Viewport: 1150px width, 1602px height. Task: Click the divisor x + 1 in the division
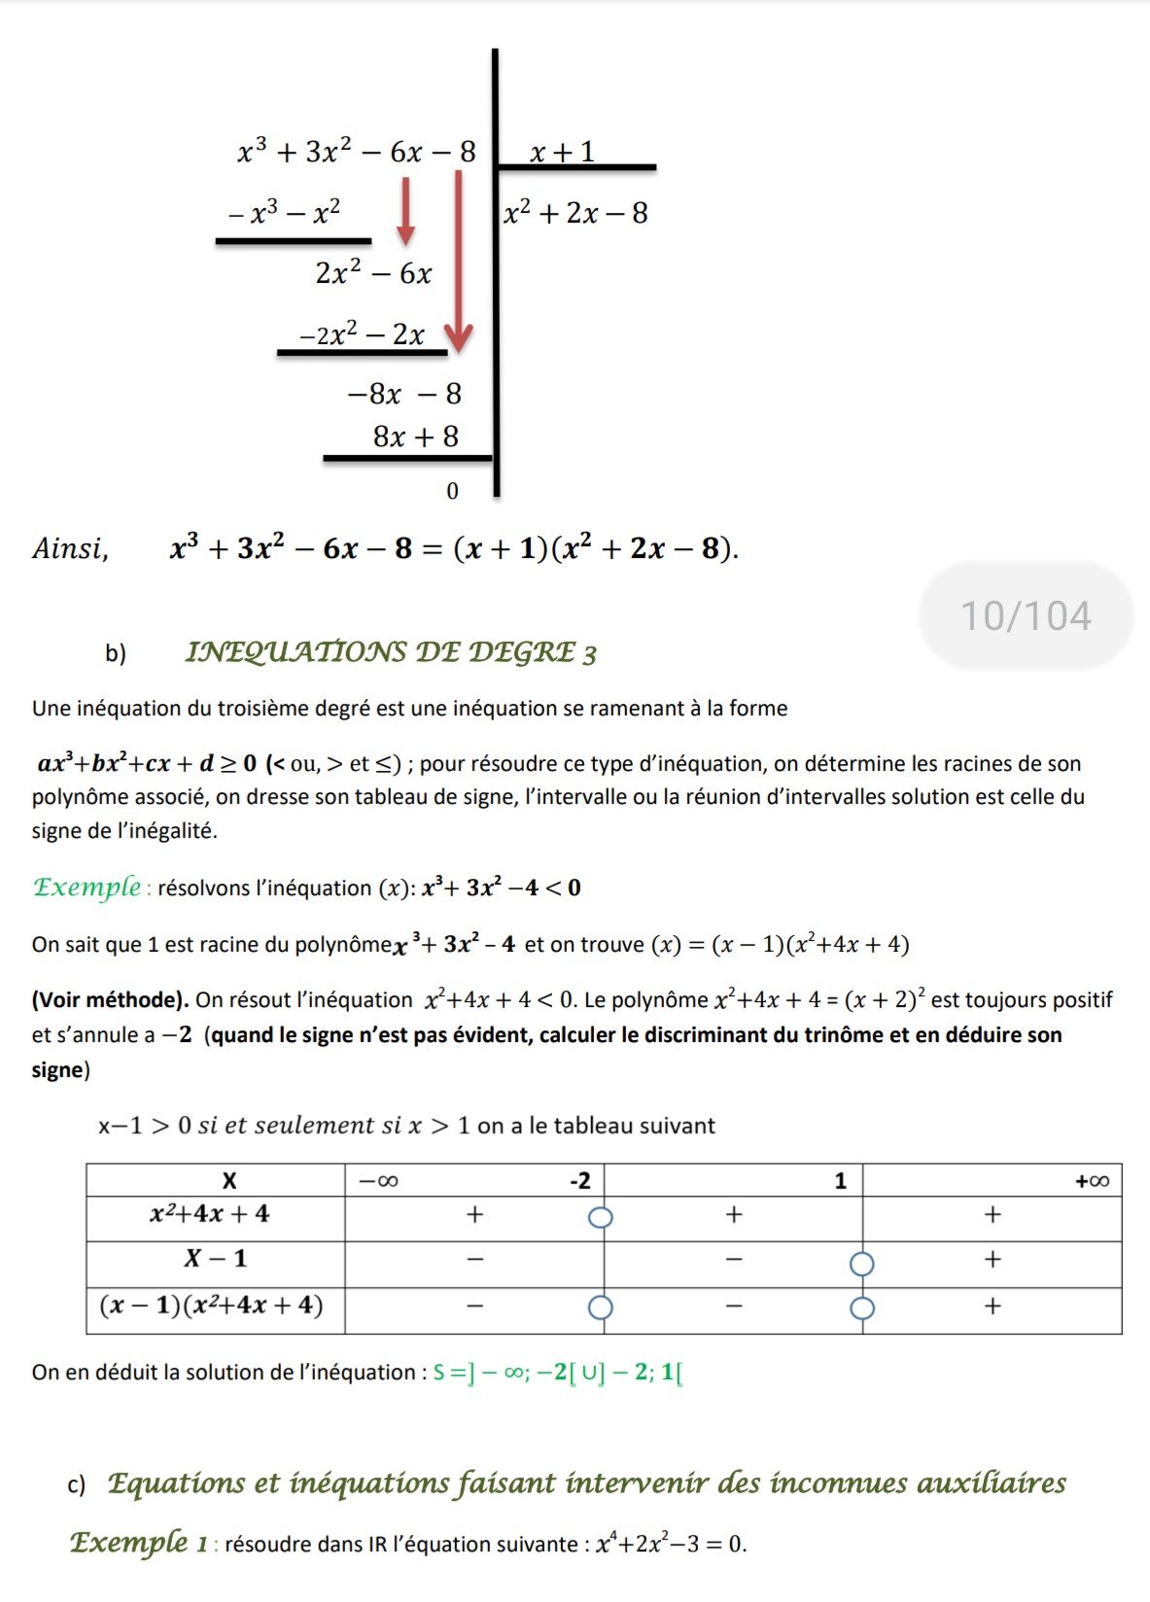pyautogui.click(x=562, y=152)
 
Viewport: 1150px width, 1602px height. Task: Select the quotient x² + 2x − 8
pyautogui.click(x=575, y=213)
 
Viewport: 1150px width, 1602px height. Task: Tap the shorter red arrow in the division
pyautogui.click(x=405, y=210)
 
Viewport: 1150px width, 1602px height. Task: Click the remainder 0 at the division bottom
pyautogui.click(x=452, y=491)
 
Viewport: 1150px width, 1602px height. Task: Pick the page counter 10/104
pyautogui.click(x=1026, y=616)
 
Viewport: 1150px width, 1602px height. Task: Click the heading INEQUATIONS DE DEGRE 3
pyautogui.click(x=391, y=652)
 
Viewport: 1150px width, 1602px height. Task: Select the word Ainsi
pyautogui.click(x=70, y=549)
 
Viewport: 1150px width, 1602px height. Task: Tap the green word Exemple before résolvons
pyautogui.click(x=87, y=888)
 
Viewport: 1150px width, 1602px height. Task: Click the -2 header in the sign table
pyautogui.click(x=579, y=1181)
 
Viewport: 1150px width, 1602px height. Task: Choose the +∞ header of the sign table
pyautogui.click(x=1092, y=1181)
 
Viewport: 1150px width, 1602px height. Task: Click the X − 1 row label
pyautogui.click(x=216, y=1259)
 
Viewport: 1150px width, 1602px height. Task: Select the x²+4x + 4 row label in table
pyautogui.click(x=209, y=1214)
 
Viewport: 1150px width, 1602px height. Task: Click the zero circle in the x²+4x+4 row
pyautogui.click(x=601, y=1217)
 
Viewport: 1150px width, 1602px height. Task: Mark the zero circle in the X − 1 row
pyautogui.click(x=861, y=1264)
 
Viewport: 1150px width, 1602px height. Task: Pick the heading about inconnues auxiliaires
pyautogui.click(x=586, y=1483)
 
